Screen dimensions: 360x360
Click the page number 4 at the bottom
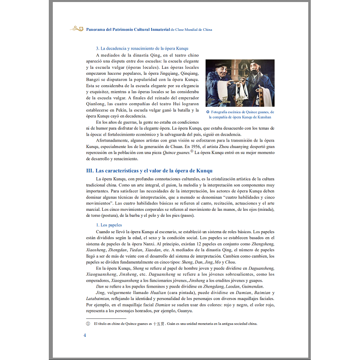[85, 335]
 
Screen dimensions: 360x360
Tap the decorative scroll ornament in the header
[76, 29]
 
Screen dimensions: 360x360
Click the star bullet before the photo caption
[208, 112]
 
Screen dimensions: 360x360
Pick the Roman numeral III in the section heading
[90, 171]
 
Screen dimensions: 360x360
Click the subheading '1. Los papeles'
[109, 225]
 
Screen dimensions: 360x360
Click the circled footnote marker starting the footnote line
[88, 324]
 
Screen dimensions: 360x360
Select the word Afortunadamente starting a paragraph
[114, 140]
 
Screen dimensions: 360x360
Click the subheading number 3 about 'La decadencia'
[97, 49]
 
